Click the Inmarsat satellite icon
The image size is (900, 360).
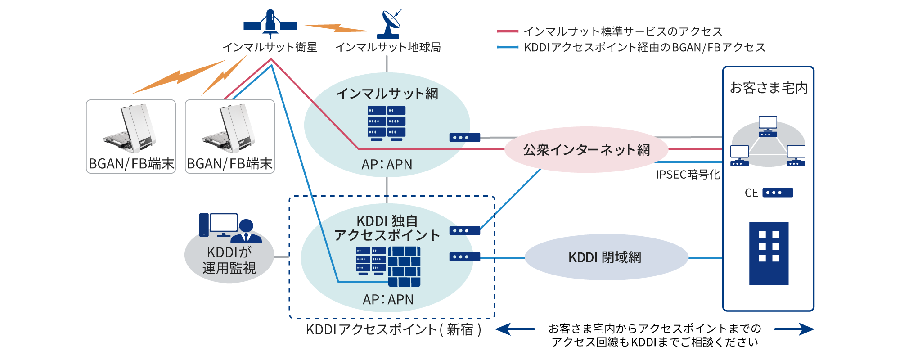tap(270, 23)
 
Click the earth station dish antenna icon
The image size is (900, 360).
tap(389, 24)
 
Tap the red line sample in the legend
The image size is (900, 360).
tap(508, 31)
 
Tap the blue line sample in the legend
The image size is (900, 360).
tap(508, 47)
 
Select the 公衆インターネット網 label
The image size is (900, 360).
tap(586, 150)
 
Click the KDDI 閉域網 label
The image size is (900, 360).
tap(605, 257)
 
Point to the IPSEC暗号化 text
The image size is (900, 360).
tap(688, 175)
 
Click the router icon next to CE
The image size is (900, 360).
tap(778, 193)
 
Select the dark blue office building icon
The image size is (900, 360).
tap(769, 253)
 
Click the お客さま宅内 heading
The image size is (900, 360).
tap(769, 88)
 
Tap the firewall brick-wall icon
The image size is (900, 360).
tap(404, 266)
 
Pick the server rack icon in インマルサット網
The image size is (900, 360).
tap(387, 123)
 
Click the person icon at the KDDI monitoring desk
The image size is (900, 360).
tap(246, 231)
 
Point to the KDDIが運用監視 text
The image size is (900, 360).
tap(229, 260)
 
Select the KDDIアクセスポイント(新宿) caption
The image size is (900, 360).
tap(394, 329)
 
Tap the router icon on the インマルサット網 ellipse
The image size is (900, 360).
tap(464, 138)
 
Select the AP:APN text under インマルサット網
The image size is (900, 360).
tap(387, 165)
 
